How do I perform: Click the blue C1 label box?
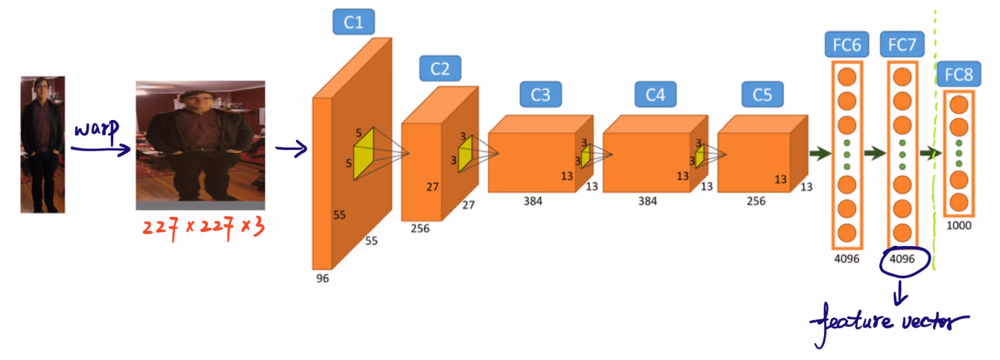coord(353,22)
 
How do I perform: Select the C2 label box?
coord(440,69)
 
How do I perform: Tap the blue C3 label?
coord(541,94)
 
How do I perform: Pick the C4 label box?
coord(655,94)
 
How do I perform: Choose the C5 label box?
coord(762,94)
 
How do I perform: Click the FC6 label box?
coord(847,44)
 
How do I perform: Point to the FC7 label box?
coord(902,44)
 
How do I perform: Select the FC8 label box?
coord(959,74)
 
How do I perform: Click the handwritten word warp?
coord(97,130)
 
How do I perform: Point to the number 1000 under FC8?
coord(959,226)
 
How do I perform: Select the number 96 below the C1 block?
coord(323,278)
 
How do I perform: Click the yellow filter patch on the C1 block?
coord(364,154)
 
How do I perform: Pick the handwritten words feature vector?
coord(888,323)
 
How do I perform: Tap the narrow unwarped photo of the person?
coord(43,145)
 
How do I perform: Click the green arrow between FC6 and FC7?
coord(875,154)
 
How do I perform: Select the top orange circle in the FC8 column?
coord(959,105)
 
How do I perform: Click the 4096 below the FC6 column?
coord(847,259)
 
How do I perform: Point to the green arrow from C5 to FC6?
coord(820,154)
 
